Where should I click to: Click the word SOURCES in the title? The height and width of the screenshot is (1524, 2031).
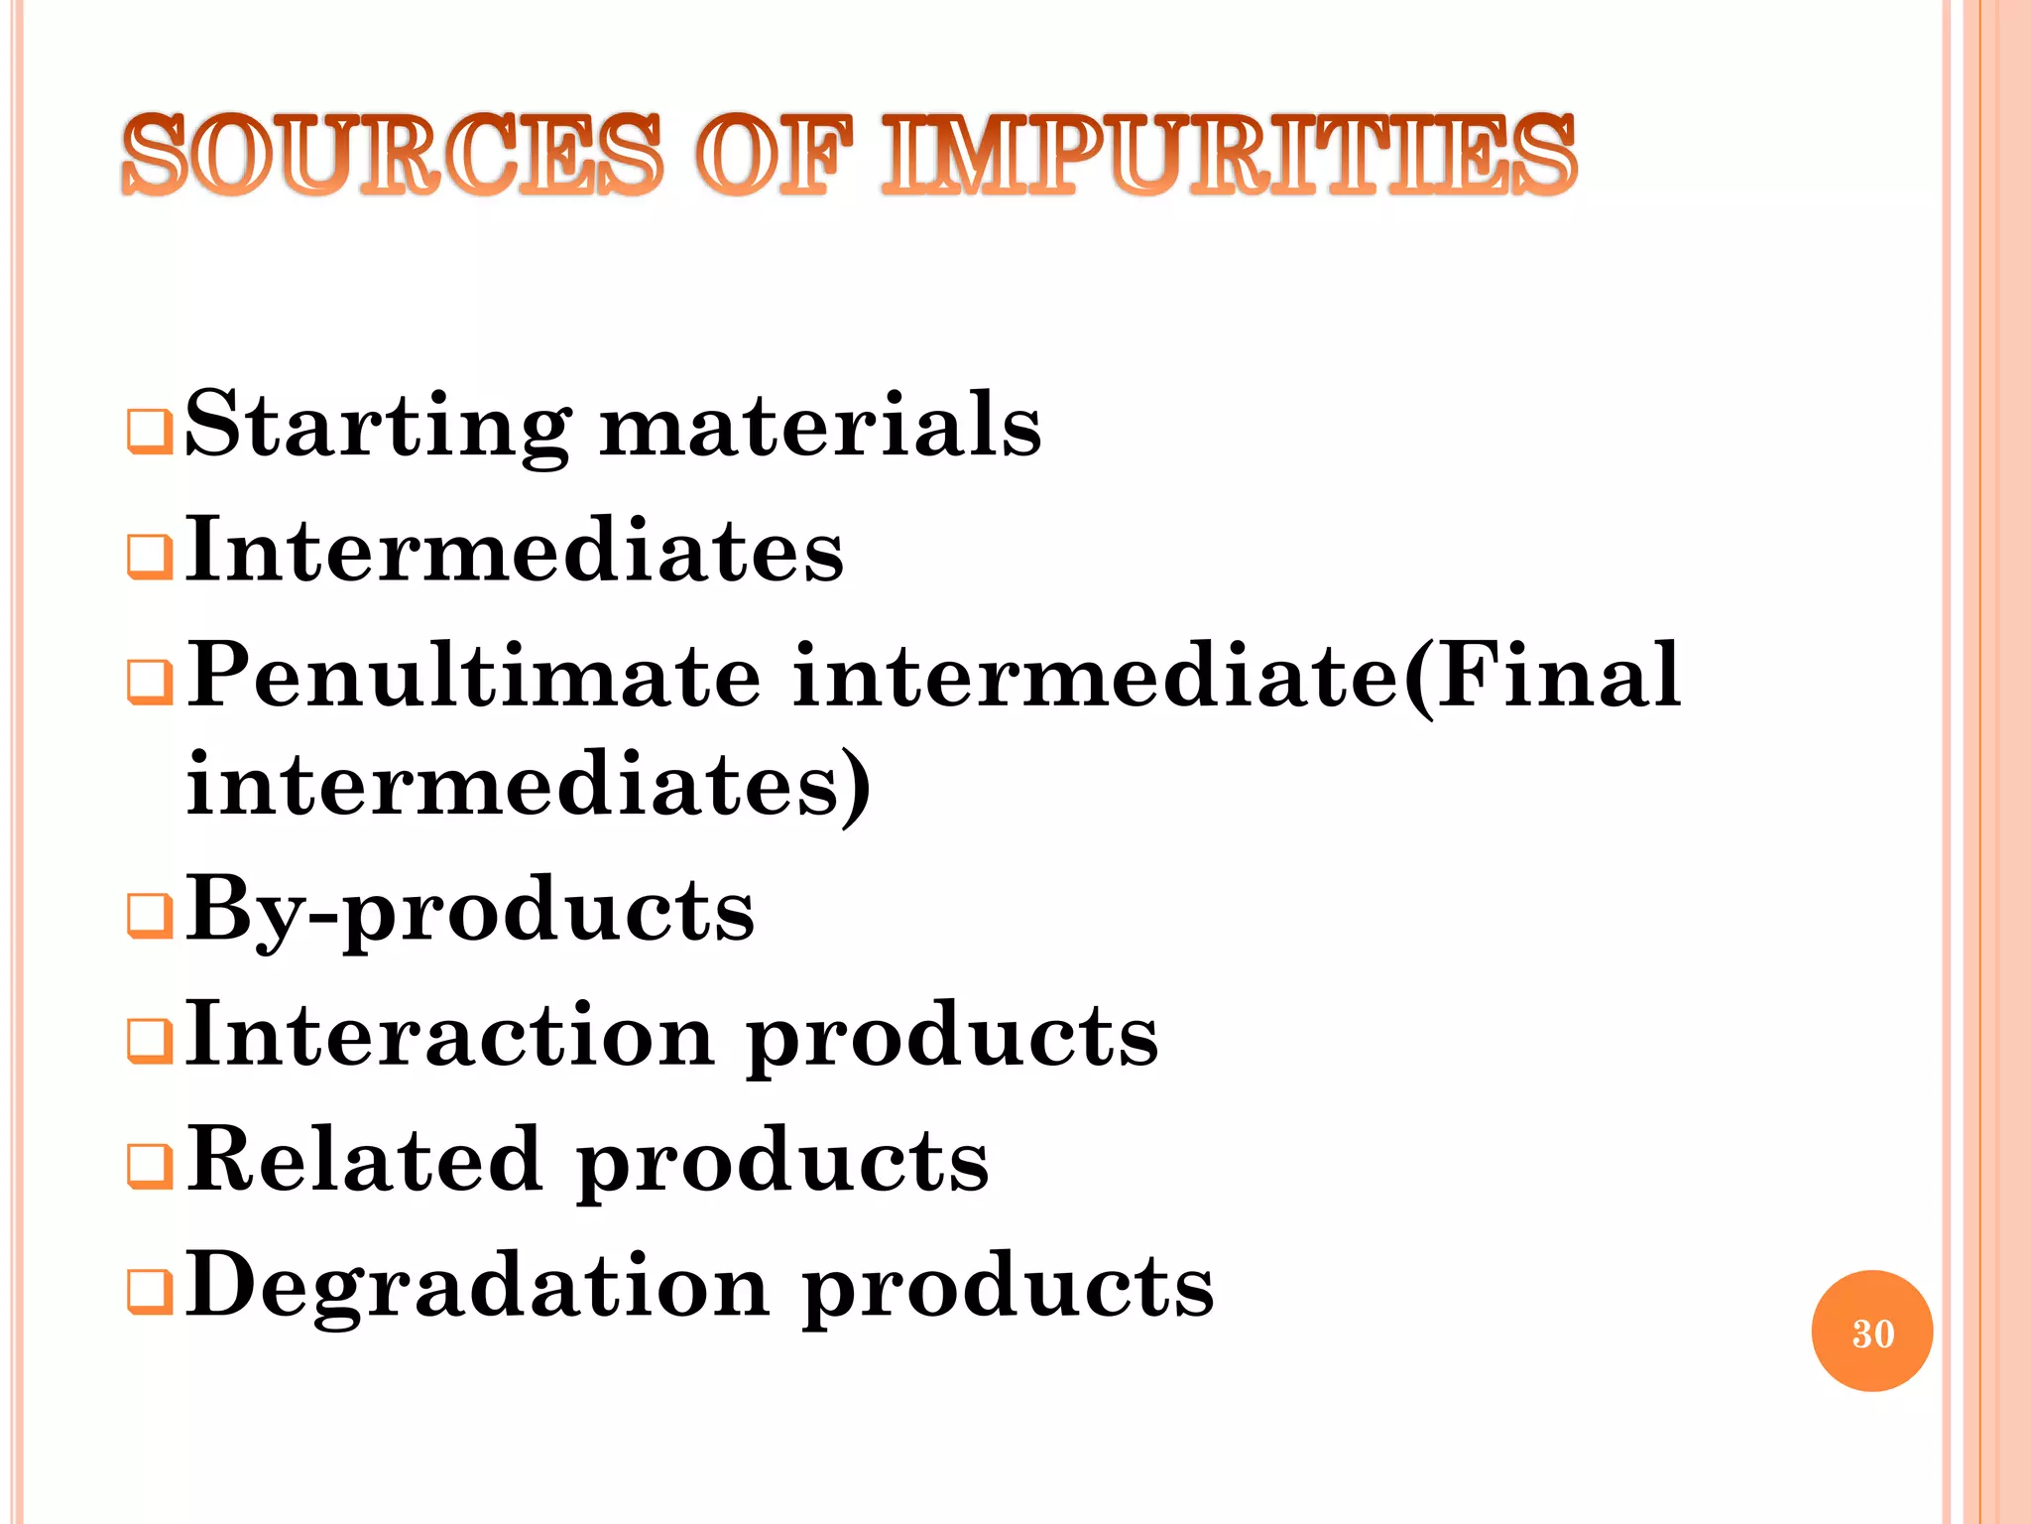392,156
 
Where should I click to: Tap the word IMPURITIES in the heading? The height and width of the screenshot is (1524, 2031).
1229,156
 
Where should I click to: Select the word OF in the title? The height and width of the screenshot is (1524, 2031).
773,156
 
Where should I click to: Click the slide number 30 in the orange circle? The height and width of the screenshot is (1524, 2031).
1872,1333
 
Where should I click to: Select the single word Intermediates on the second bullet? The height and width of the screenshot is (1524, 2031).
515,551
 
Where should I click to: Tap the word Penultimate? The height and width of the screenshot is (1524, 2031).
474,677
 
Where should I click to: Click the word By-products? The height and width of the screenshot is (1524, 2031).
470,911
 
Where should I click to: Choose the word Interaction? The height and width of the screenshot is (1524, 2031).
450,1035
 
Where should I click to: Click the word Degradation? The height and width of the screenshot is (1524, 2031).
477,1285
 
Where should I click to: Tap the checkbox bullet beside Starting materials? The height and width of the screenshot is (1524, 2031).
150,433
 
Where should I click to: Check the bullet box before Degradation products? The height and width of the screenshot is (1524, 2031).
150,1291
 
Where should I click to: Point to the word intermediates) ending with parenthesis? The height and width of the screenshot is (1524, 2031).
529,786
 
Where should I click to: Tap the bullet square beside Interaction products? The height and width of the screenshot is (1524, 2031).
150,1041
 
